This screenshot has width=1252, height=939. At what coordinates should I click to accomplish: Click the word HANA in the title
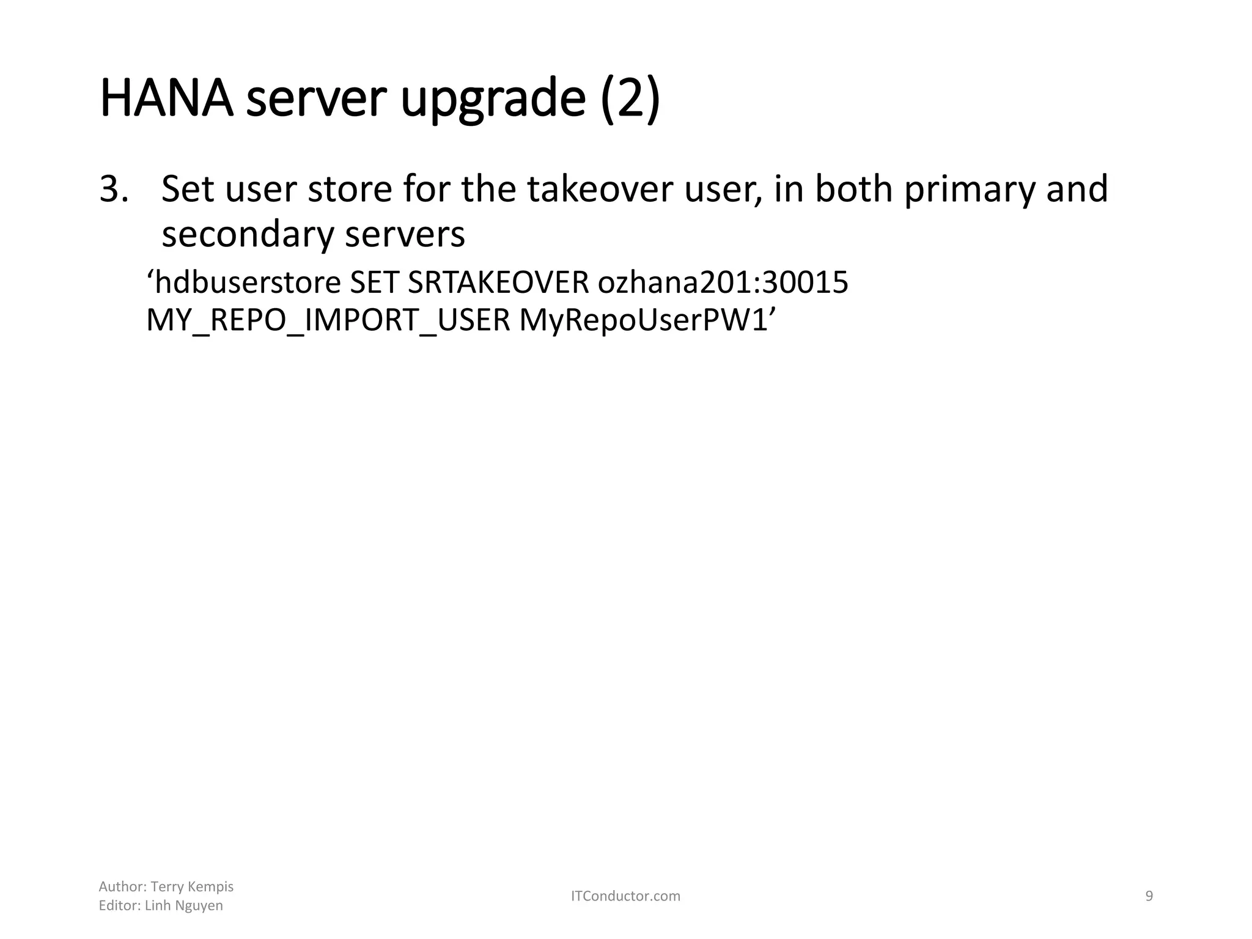point(166,98)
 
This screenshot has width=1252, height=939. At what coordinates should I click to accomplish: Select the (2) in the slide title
point(630,99)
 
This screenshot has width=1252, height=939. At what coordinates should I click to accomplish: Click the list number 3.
point(114,189)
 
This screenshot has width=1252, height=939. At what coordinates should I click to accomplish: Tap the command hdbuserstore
point(248,283)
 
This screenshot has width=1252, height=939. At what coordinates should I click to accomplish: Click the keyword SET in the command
point(373,283)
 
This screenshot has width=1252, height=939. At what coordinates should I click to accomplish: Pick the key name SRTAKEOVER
point(498,283)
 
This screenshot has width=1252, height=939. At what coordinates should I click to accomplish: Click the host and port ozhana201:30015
point(723,283)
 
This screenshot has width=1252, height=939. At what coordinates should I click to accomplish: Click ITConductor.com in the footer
point(625,896)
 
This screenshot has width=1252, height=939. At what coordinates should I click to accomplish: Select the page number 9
point(1149,896)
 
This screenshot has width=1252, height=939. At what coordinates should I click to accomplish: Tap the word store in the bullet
point(350,189)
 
